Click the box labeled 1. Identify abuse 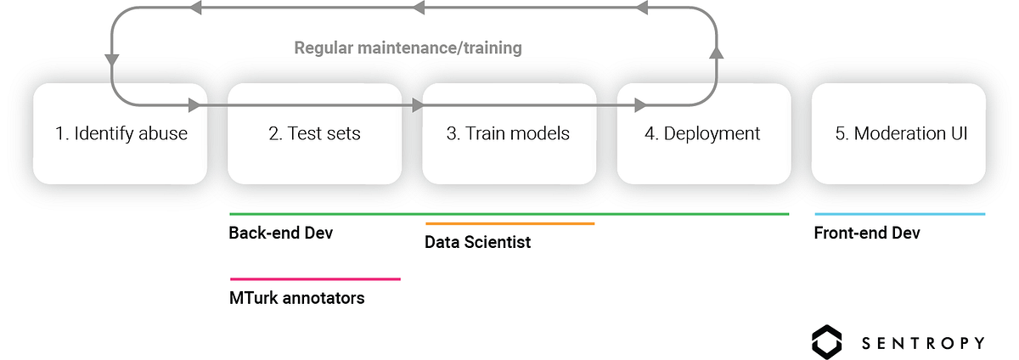pyautogui.click(x=120, y=133)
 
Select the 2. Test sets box pyautogui.click(x=315, y=133)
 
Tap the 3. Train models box pyautogui.click(x=509, y=133)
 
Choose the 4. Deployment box pyautogui.click(x=704, y=133)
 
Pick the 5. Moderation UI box pyautogui.click(x=899, y=133)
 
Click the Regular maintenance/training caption pyautogui.click(x=408, y=48)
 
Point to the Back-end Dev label pyautogui.click(x=281, y=233)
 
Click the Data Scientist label pyautogui.click(x=477, y=242)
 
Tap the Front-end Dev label pyautogui.click(x=867, y=233)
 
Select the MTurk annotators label pyautogui.click(x=296, y=298)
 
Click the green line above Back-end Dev pyautogui.click(x=509, y=214)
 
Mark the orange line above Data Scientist pyautogui.click(x=510, y=223)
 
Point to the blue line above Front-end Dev pyautogui.click(x=900, y=214)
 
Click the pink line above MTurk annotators pyautogui.click(x=315, y=279)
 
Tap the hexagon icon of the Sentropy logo pyautogui.click(x=826, y=342)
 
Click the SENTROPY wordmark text pyautogui.click(x=923, y=343)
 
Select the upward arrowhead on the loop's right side pyautogui.click(x=717, y=53)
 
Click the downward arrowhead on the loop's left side pyautogui.click(x=112, y=60)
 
